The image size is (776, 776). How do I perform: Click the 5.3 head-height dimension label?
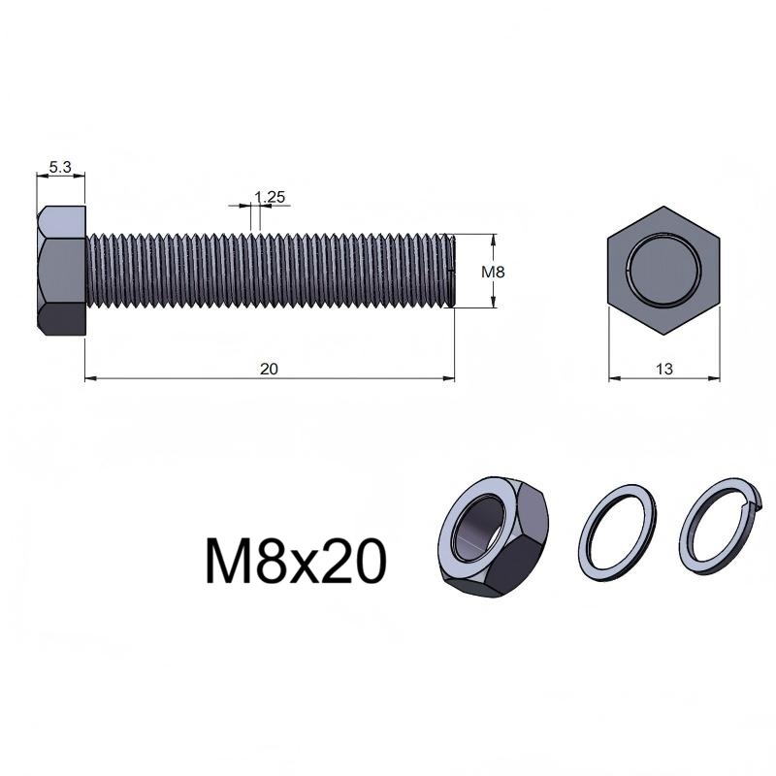[60, 167]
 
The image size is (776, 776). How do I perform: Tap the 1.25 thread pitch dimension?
[270, 197]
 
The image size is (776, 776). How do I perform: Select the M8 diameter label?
[493, 272]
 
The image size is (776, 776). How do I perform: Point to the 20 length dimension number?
[270, 369]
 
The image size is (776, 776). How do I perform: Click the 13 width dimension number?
[664, 369]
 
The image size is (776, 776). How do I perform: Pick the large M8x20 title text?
[295, 563]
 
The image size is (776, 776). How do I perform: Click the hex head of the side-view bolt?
[61, 272]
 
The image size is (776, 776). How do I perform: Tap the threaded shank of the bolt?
[271, 271]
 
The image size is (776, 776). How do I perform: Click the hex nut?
[494, 538]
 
